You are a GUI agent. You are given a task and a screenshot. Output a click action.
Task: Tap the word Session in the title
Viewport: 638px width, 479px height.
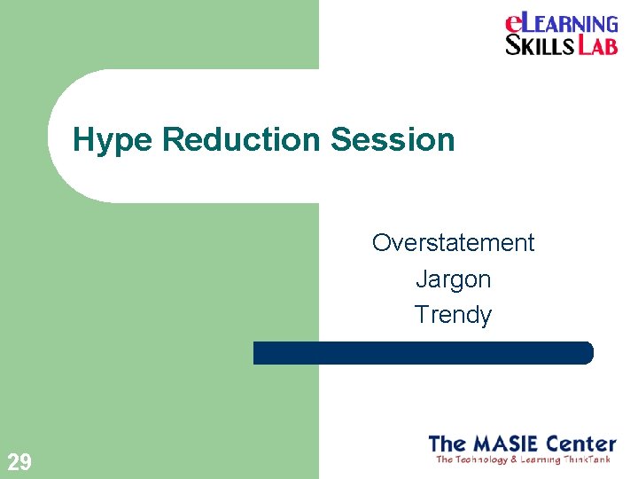(x=393, y=139)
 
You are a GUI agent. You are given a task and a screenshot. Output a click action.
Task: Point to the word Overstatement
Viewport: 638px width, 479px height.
(x=453, y=243)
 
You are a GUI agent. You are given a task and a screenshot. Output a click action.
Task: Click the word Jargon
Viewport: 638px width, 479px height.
(x=453, y=279)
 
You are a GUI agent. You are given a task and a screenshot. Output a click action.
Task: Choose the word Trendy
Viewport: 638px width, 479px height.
(x=453, y=315)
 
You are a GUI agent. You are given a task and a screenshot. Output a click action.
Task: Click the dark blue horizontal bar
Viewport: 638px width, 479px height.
(x=423, y=353)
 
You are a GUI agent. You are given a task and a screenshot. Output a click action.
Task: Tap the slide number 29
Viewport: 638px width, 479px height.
(x=19, y=461)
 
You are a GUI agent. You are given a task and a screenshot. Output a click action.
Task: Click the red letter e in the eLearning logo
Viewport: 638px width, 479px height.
(x=515, y=24)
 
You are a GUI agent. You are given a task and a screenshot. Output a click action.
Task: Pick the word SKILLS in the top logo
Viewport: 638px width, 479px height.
(x=540, y=45)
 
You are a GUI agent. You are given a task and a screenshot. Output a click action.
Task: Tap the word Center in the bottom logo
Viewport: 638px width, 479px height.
(x=581, y=443)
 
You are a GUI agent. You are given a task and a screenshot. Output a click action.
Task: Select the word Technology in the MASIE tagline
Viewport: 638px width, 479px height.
(x=479, y=459)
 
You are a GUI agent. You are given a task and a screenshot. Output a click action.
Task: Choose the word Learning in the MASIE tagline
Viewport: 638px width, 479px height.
(x=541, y=459)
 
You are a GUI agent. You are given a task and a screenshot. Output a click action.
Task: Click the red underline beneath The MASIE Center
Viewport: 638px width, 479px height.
(x=523, y=453)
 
